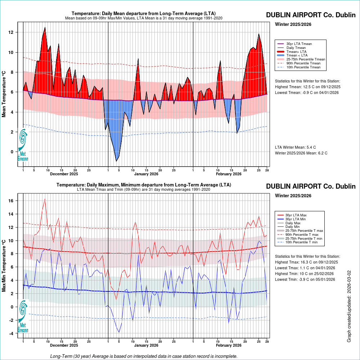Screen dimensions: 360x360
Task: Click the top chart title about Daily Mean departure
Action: click(x=144, y=14)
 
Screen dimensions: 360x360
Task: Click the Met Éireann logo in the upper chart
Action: click(x=23, y=144)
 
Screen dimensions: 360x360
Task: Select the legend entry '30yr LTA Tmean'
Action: click(x=299, y=44)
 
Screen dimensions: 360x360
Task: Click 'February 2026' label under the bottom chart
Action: click(x=229, y=346)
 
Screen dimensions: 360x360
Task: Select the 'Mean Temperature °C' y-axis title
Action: click(x=4, y=94)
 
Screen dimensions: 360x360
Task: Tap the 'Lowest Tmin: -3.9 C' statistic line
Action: click(x=305, y=279)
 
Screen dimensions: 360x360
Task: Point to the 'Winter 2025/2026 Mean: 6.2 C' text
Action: click(x=301, y=153)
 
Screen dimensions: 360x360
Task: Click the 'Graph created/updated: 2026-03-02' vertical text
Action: click(x=349, y=306)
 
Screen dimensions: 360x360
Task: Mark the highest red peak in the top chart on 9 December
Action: click(x=45, y=28)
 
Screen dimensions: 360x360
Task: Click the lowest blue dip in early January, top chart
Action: click(x=116, y=161)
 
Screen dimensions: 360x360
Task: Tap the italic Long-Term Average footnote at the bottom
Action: click(x=144, y=356)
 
